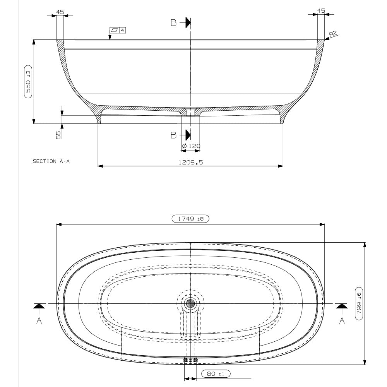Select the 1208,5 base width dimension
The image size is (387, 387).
pos(190,163)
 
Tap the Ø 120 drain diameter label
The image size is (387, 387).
pos(191,146)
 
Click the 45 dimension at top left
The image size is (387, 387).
pos(60,12)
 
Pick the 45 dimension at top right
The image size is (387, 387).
pos(321,10)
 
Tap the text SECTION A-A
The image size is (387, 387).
pos(51,162)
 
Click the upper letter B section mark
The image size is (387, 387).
pos(174,23)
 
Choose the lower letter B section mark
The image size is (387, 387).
pos(174,135)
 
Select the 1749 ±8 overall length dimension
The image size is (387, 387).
pos(190,219)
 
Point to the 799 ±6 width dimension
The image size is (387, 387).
pos(359,303)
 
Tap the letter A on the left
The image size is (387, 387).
pos(39,321)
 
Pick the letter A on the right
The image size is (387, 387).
pos(342,321)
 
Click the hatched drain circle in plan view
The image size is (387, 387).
pos(190,304)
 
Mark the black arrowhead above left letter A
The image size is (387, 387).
pos(39,306)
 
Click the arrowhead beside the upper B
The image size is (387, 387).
pos(188,23)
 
